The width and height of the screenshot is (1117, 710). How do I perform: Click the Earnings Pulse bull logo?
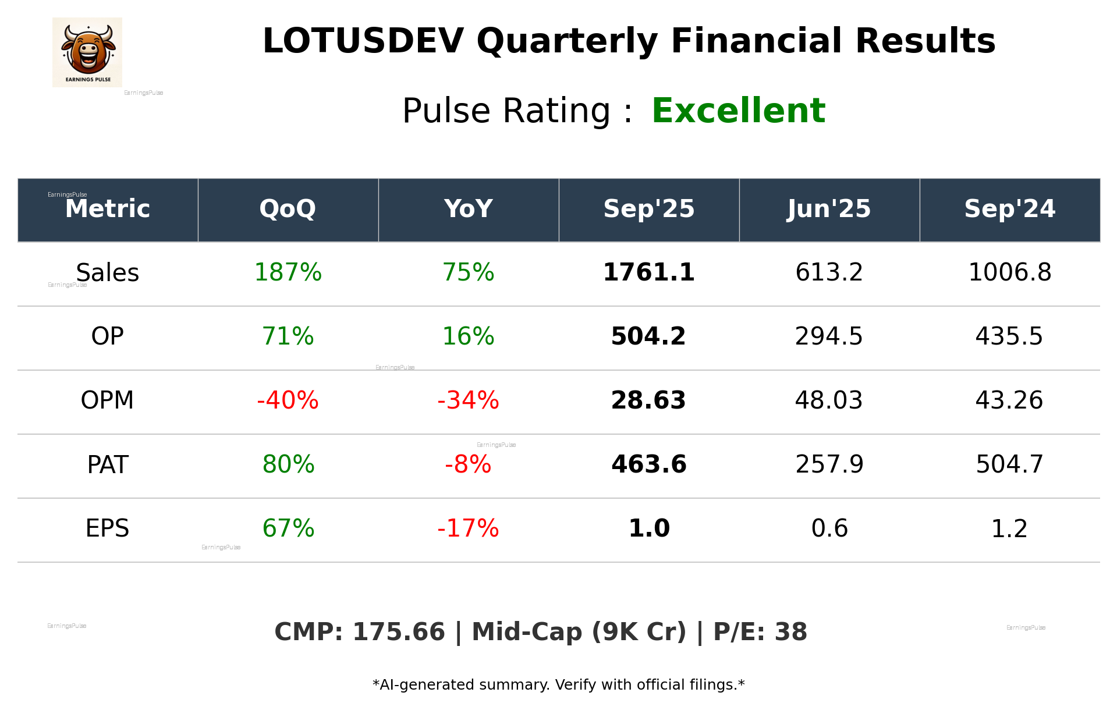[87, 52]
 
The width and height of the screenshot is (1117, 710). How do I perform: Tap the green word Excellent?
[738, 111]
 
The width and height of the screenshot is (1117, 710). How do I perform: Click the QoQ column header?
[288, 209]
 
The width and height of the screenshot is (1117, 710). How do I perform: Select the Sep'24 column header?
[1009, 209]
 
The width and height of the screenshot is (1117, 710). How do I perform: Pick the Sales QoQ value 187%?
[288, 272]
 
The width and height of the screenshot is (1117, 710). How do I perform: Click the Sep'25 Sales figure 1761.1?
[648, 272]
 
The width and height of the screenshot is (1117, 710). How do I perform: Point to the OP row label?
[107, 336]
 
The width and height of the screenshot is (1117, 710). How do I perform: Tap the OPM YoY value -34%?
[468, 400]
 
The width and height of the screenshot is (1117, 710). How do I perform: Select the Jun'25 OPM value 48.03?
[829, 400]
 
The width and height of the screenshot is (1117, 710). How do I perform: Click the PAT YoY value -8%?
[468, 464]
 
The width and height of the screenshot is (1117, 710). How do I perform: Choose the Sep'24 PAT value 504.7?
[1009, 464]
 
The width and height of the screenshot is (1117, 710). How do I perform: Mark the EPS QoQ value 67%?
[288, 528]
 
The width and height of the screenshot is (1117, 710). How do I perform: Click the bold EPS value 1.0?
[648, 528]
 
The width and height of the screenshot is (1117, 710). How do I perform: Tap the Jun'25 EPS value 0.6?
[829, 528]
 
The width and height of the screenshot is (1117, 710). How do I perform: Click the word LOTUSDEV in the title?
[363, 41]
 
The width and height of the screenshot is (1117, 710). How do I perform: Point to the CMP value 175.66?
[399, 632]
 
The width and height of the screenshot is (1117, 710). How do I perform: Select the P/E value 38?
[791, 632]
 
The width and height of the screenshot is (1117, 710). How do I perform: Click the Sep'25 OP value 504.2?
[648, 336]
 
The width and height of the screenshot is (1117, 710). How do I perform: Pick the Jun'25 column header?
[829, 209]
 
